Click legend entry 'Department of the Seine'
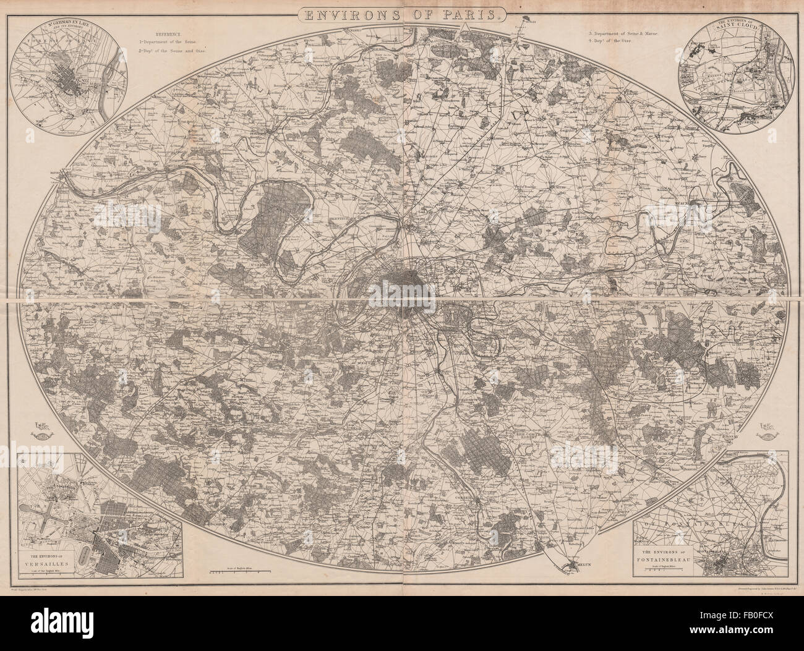point(167,40)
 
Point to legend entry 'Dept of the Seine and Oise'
point(175,51)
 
